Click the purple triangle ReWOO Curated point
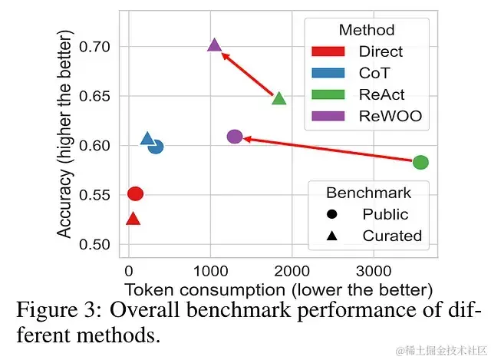215,45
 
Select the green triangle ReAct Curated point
279,97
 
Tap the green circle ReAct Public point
420,162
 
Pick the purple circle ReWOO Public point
235,137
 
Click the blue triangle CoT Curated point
147,139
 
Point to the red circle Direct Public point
135,194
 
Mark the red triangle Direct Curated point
133,219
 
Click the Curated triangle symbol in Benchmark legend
331,236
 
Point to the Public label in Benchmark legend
386,214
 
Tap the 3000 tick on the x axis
373,271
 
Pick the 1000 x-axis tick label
209,271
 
